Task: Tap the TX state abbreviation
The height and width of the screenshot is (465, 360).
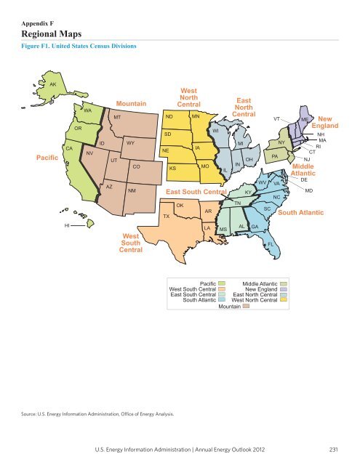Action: click(x=167, y=217)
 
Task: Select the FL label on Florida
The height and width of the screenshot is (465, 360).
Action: click(x=271, y=244)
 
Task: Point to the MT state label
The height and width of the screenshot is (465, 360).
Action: click(x=116, y=116)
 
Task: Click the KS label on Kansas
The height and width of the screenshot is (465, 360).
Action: click(x=172, y=168)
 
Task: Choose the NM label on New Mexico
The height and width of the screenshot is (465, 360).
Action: click(x=132, y=190)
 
